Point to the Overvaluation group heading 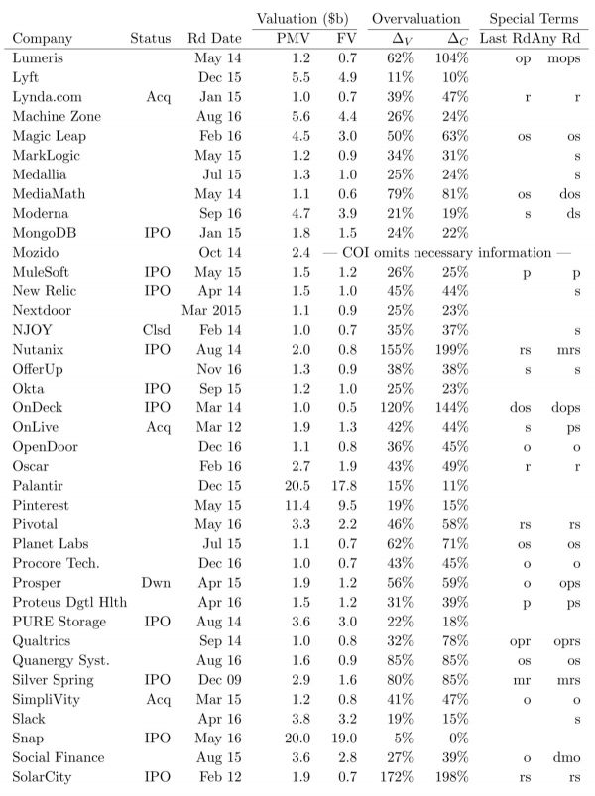pos(416,19)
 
